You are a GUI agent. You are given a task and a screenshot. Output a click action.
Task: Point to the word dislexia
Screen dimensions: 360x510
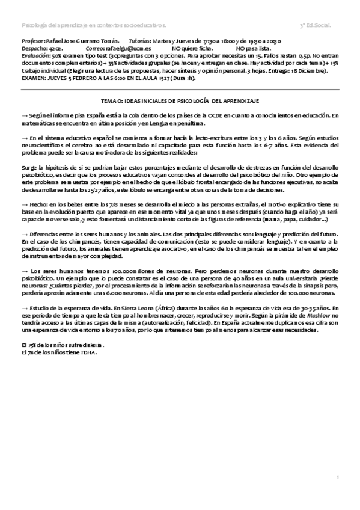click(90, 346)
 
